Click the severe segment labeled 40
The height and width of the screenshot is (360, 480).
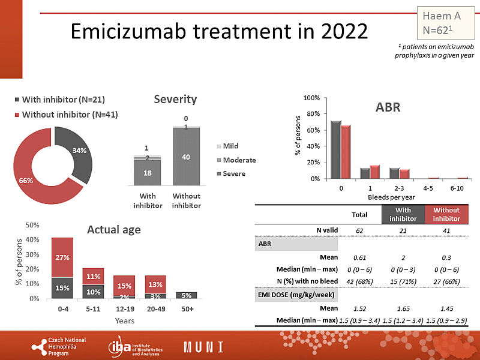(186, 157)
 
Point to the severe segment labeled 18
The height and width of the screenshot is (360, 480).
(147, 173)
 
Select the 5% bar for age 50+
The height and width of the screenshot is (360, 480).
(186, 295)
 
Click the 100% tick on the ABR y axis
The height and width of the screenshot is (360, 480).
(312, 98)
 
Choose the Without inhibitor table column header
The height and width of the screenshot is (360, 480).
(446, 214)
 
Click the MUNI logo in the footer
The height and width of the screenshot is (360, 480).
(204, 347)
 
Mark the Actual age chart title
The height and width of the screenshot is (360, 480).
(113, 229)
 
